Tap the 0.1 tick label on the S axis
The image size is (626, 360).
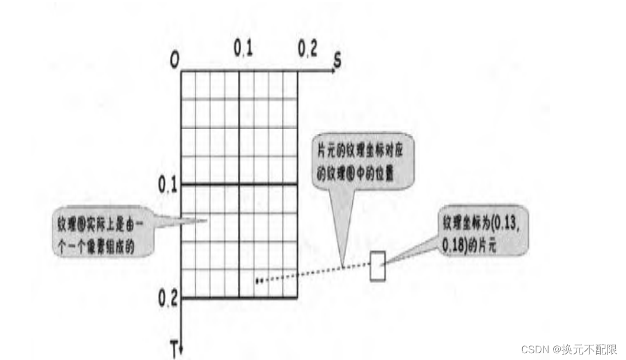pyautogui.click(x=242, y=49)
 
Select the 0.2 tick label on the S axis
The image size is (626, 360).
pyautogui.click(x=307, y=49)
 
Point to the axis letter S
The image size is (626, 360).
pyautogui.click(x=337, y=61)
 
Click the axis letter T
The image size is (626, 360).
pyautogui.click(x=174, y=352)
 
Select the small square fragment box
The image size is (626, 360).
pyautogui.click(x=378, y=266)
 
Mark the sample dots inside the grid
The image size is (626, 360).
pyautogui.click(x=259, y=280)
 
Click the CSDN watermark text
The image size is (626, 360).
pyautogui.click(x=569, y=349)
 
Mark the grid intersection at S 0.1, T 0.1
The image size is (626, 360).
pyautogui.click(x=240, y=184)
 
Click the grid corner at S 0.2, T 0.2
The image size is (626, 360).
pyautogui.click(x=297, y=298)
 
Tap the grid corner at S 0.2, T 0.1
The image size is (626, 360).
pyautogui.click(x=297, y=184)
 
